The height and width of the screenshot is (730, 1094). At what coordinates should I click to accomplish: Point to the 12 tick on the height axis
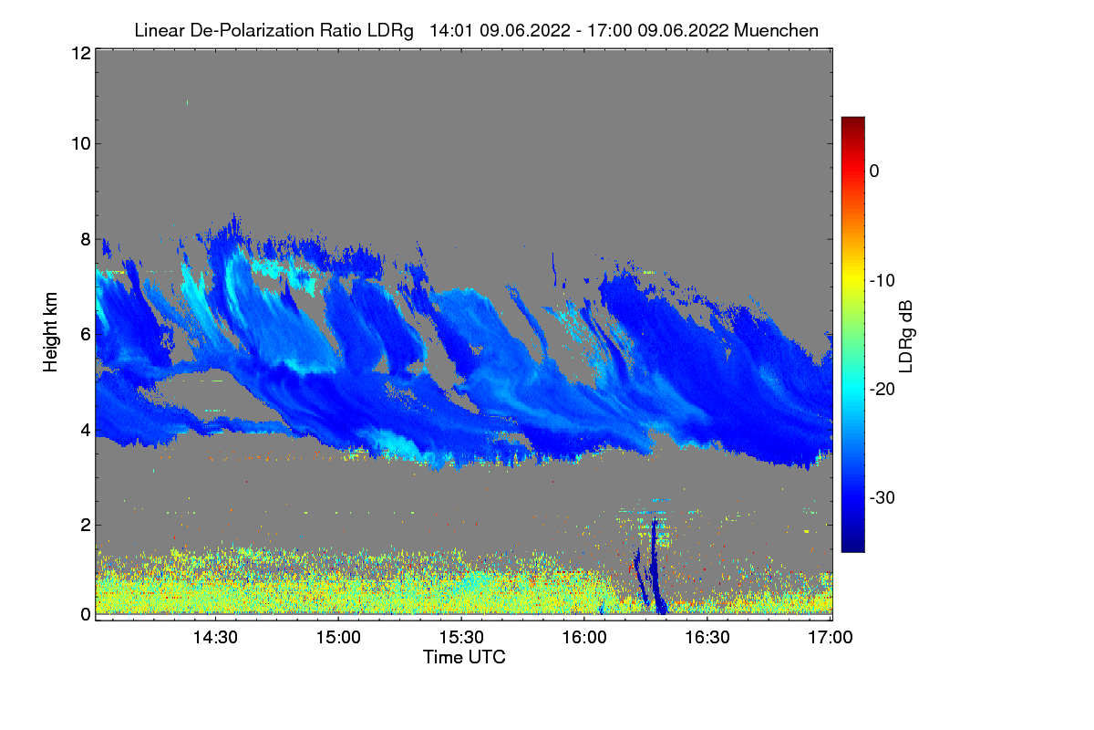click(x=79, y=53)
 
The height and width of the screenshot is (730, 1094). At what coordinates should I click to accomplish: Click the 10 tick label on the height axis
click(x=79, y=143)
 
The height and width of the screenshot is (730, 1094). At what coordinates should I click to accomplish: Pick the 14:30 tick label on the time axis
click(x=215, y=639)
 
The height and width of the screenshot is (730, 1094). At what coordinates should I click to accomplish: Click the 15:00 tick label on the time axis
click(x=338, y=639)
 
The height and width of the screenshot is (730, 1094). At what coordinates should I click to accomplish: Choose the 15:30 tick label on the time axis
click(x=461, y=639)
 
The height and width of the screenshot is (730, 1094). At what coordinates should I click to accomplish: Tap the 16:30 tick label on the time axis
click(x=708, y=639)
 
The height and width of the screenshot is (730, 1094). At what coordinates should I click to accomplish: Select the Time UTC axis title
click(x=464, y=657)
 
